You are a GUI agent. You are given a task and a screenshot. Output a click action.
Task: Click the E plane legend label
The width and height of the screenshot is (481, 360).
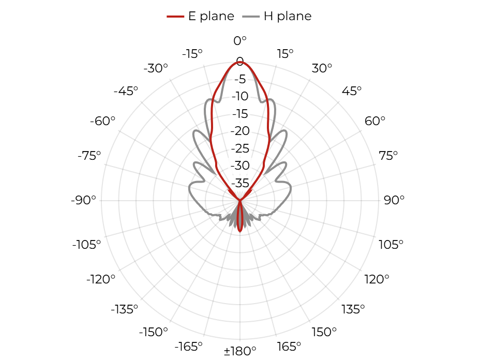tap(211, 16)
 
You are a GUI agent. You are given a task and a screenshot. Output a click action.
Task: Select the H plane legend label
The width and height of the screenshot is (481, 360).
tap(288, 16)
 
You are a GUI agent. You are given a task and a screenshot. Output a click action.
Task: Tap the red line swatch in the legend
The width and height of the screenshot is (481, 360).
tap(175, 16)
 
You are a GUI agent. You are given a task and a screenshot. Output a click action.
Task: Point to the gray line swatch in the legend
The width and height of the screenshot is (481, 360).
tap(251, 16)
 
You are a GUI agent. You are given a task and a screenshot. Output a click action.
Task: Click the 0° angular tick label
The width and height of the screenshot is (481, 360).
tap(240, 41)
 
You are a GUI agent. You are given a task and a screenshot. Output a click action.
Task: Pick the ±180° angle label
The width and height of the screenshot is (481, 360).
tap(240, 351)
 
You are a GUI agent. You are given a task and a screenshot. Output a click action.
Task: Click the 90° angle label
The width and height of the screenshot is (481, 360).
tap(394, 200)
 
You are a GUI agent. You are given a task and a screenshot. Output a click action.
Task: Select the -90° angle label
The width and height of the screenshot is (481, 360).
tap(83, 200)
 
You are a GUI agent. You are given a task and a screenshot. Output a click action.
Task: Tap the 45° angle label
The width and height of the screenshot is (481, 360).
tap(352, 91)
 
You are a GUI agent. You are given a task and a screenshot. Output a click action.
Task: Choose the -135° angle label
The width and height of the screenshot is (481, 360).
tap(125, 309)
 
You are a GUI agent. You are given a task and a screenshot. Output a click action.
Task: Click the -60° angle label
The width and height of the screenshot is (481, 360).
tap(102, 121)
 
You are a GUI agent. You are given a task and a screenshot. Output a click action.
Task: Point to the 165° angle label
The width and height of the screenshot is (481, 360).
tap(289, 347)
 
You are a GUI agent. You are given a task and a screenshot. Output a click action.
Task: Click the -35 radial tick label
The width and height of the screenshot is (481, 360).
tap(240, 183)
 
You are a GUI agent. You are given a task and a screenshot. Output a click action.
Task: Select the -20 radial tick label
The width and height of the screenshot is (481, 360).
tap(240, 131)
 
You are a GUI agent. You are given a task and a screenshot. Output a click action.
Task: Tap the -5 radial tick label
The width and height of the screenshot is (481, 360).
tap(240, 79)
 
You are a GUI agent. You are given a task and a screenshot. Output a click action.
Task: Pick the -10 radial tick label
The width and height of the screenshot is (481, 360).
tap(240, 96)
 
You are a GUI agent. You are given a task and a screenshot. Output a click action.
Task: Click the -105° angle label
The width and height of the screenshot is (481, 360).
tap(86, 245)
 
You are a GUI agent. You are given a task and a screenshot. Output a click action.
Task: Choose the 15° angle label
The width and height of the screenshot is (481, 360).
tap(285, 54)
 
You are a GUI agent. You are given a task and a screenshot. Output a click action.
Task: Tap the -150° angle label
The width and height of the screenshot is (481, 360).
tap(154, 332)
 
